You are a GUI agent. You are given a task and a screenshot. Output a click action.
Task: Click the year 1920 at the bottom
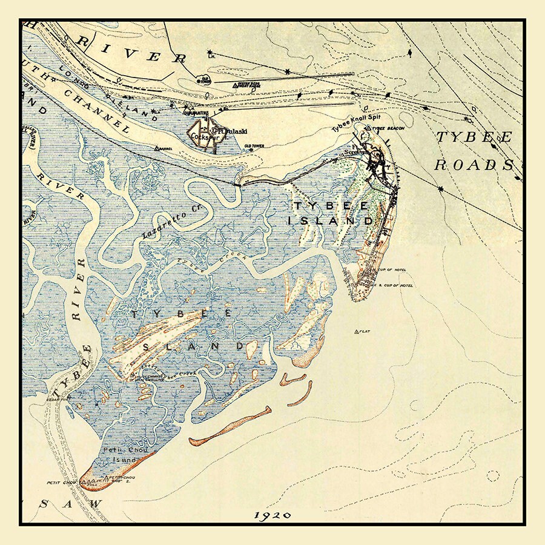point(272,515)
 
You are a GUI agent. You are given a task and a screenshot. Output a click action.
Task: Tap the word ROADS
point(474,165)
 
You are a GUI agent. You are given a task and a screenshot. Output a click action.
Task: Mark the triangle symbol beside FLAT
point(356,331)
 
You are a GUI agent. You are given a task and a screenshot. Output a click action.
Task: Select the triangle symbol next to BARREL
point(157,148)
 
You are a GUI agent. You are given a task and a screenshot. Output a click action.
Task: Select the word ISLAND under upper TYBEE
point(331,221)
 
